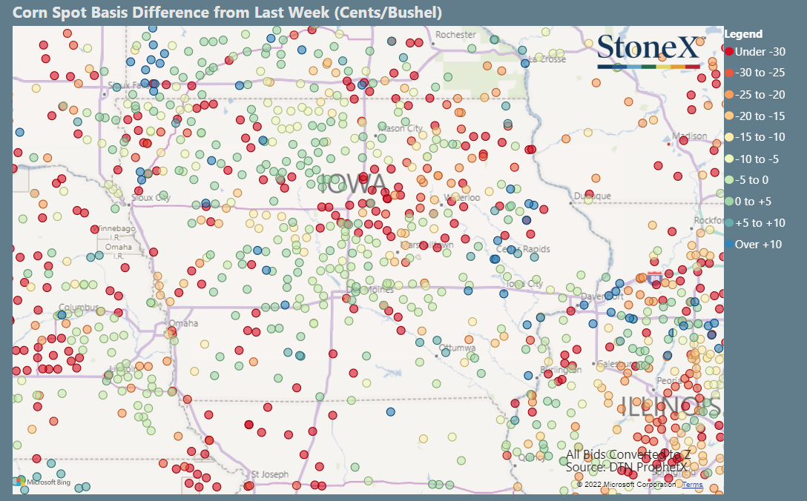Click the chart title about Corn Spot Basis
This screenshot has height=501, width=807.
tap(228, 13)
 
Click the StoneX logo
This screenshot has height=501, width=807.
tap(648, 49)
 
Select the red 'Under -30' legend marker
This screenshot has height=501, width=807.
tap(730, 51)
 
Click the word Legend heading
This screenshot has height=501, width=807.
tap(742, 34)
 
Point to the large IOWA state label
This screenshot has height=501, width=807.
tap(355, 184)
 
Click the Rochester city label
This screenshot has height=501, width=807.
tap(455, 35)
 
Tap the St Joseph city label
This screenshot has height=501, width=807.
tap(269, 474)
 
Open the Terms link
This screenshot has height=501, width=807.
tap(692, 485)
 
